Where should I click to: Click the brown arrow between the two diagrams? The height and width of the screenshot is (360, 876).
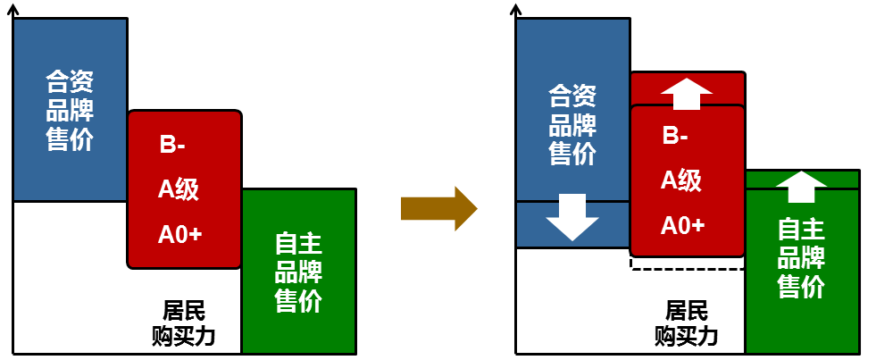click(x=438, y=209)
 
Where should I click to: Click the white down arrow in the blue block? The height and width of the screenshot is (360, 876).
click(x=572, y=217)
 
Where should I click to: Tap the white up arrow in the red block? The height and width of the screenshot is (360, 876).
click(x=687, y=93)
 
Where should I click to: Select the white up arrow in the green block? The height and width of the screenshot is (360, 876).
click(x=801, y=187)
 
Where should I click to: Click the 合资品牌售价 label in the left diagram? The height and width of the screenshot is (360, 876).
click(x=70, y=112)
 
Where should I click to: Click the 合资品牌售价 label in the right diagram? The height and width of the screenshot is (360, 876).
click(x=572, y=124)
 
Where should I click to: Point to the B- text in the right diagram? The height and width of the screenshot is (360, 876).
click(x=675, y=137)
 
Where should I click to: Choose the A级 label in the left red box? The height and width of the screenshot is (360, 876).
click(x=178, y=188)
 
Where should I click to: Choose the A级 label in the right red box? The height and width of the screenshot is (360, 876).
click(x=680, y=180)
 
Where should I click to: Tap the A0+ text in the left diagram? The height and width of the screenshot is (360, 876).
click(x=179, y=234)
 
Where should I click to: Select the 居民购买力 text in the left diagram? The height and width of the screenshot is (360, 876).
click(x=184, y=323)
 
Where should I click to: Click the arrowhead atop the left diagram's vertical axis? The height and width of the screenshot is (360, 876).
click(x=13, y=10)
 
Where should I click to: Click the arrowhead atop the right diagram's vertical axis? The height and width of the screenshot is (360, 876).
click(x=515, y=10)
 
